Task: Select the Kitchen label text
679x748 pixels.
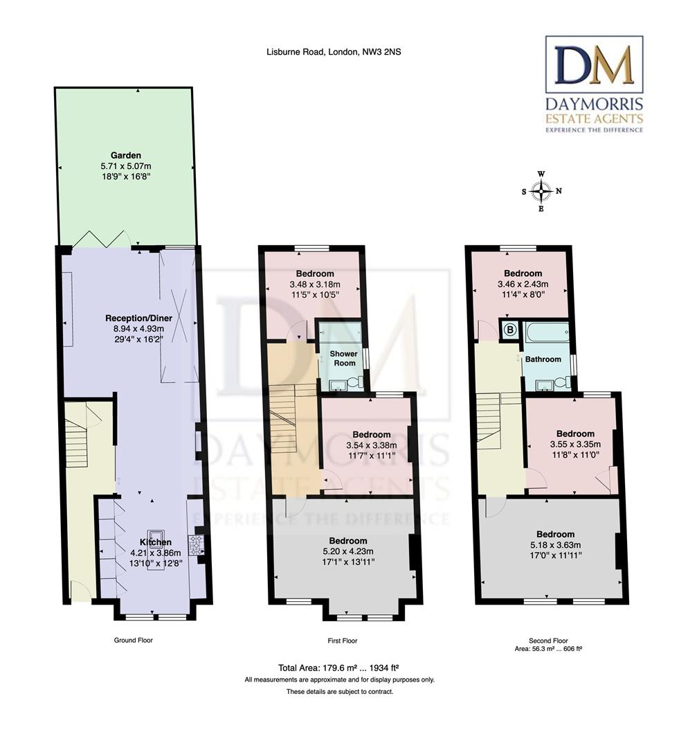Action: pos(156,542)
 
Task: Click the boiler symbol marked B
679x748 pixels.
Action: pos(511,330)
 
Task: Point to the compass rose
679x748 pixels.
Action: pos(542,191)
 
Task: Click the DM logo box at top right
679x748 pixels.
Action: pos(595,64)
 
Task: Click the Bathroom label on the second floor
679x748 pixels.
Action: pos(543,360)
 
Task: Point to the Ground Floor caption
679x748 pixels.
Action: pos(133,641)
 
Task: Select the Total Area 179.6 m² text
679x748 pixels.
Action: pos(339,668)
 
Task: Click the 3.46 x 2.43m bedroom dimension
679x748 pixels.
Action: pos(523,284)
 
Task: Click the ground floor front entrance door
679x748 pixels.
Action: pos(80,591)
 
